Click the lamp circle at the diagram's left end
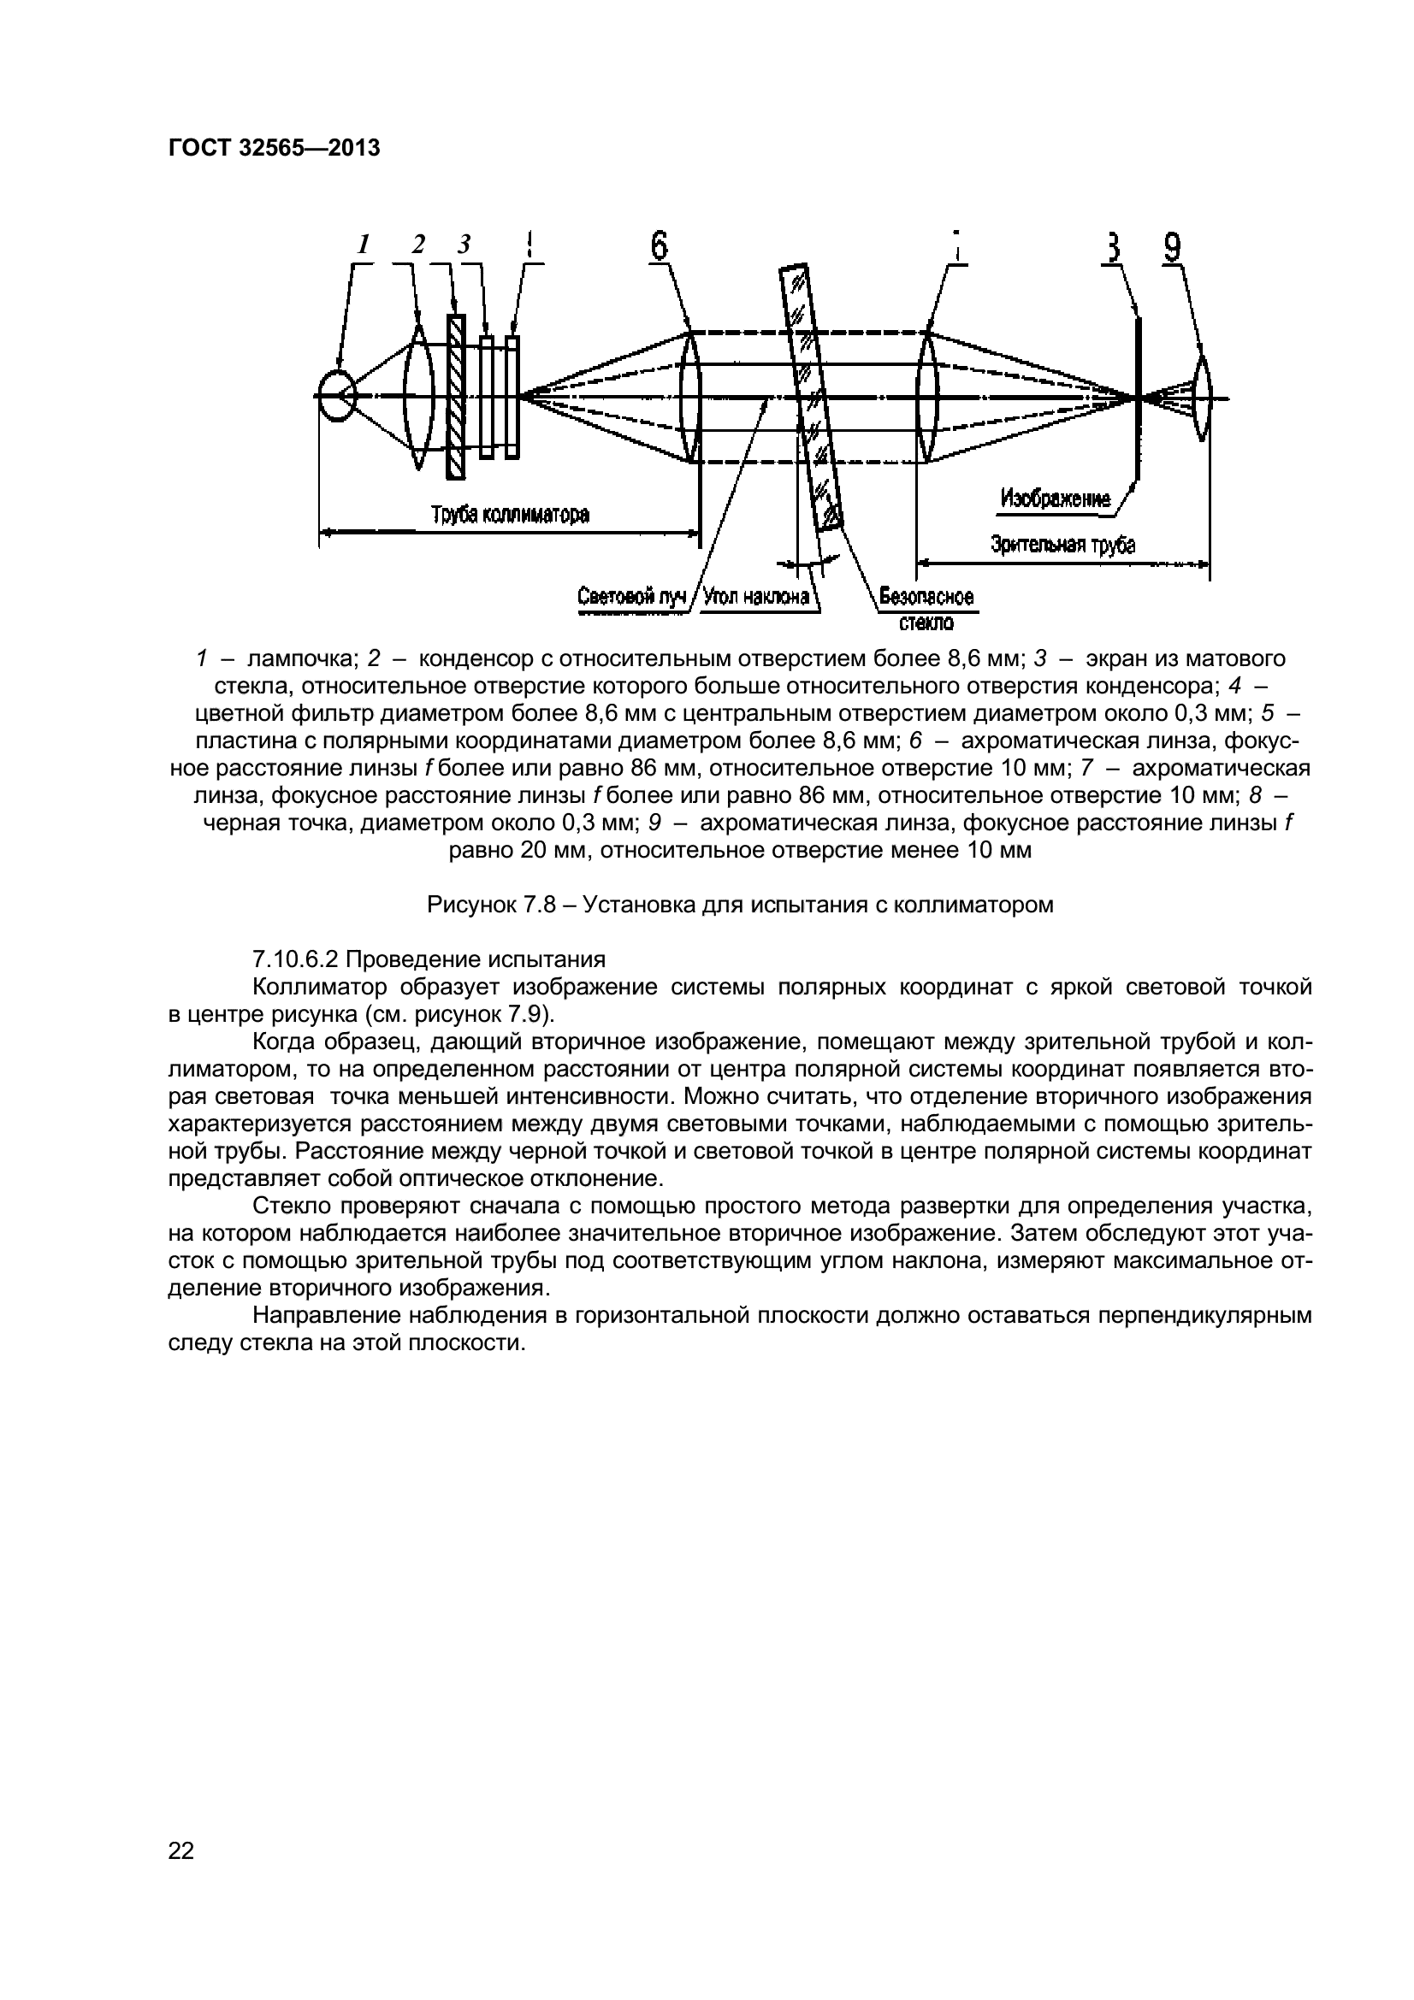[x=336, y=397]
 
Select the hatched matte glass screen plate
[x=455, y=398]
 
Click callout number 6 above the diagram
[x=660, y=245]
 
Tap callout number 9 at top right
[x=1173, y=248]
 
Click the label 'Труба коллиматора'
[x=511, y=515]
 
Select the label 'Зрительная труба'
[x=1063, y=546]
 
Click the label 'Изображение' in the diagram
[x=1055, y=499]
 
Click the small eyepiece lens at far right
[x=1203, y=398]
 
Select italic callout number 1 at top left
[x=364, y=245]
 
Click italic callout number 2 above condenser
[x=418, y=245]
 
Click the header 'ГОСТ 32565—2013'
[x=274, y=149]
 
